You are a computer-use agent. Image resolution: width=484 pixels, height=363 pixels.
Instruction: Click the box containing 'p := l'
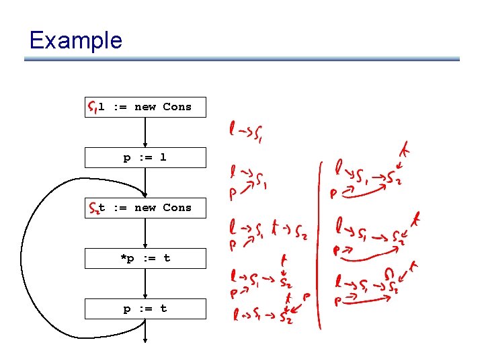145,157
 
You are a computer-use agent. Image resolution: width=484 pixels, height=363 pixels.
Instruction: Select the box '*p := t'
145,258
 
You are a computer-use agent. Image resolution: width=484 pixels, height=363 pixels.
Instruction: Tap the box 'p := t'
145,309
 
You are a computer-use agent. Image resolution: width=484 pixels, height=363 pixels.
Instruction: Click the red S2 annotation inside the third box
93,208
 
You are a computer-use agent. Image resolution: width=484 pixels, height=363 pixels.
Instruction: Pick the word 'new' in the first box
145,107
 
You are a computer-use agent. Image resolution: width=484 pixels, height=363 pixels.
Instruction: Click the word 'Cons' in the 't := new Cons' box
177,208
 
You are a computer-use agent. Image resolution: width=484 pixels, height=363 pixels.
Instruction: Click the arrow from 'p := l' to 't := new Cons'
145,182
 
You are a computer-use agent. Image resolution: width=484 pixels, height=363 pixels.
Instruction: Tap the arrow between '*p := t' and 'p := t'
145,283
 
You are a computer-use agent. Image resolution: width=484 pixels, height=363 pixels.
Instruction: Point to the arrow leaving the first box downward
145,132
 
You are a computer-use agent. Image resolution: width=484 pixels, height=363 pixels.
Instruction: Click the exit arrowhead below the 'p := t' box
145,341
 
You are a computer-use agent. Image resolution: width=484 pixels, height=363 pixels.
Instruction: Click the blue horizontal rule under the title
242,59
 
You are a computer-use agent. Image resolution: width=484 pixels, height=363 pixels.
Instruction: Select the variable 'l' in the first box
102,107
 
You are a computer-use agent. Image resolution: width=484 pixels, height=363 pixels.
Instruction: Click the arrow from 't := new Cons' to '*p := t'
145,233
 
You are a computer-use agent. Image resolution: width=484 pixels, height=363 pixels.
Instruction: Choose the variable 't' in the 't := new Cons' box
102,208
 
